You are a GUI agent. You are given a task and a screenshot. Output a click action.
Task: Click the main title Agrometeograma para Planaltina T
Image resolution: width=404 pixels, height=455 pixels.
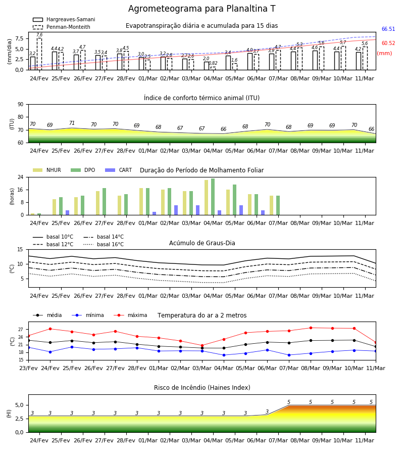coord(201,9)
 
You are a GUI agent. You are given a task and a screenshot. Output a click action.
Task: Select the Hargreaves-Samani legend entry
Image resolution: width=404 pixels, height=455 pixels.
coord(64,19)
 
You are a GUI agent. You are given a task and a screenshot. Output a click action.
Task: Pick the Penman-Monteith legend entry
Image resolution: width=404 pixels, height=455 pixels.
coord(62,27)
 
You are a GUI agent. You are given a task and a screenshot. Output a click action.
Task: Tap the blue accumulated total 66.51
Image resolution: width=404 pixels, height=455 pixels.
coord(388,29)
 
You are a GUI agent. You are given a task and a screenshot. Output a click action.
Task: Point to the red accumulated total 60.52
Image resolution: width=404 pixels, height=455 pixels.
coord(388,43)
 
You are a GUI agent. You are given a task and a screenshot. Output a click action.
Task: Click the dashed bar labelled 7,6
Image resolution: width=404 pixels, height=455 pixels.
coord(39,54)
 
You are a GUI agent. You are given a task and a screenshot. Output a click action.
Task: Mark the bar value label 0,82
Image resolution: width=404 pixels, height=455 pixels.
coord(213,63)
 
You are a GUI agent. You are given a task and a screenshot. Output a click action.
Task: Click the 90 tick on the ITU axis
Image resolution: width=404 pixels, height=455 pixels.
coord(21,105)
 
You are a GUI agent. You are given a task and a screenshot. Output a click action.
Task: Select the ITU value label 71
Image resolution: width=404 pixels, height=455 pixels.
coord(72,123)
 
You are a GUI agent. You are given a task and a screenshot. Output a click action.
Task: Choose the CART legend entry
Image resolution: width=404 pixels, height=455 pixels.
coord(119,170)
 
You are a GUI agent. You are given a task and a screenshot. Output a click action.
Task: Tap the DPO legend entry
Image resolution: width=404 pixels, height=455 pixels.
coord(83,170)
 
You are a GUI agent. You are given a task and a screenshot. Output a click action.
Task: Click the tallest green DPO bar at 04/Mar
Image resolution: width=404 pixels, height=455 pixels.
coord(213,197)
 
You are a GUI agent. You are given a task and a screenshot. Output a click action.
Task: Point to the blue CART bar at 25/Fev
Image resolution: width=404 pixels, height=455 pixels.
coord(68,213)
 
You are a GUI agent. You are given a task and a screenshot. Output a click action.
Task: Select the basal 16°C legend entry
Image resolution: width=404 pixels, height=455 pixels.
coord(104,244)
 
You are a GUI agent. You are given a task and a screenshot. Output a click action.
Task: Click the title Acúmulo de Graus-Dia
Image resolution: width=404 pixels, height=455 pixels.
coord(202,243)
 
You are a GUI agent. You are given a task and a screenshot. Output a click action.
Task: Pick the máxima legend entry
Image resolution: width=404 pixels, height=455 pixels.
coord(130,315)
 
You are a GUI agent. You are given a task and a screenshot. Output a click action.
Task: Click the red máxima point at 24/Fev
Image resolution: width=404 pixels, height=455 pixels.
coord(50,329)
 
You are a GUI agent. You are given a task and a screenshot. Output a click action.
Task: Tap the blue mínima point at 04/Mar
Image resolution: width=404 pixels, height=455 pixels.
coord(224,355)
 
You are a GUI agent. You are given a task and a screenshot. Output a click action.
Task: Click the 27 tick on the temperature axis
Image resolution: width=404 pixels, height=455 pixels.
coord(21,330)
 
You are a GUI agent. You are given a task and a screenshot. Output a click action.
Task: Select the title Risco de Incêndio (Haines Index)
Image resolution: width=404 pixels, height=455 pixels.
coord(202,388)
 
